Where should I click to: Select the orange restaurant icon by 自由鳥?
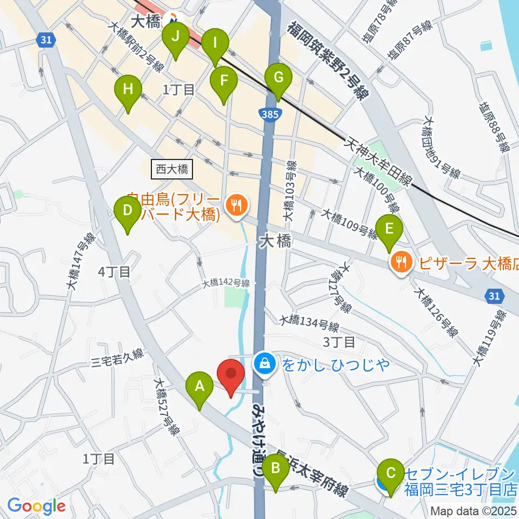236,205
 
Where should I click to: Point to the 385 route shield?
269,114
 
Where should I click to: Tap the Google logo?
36,505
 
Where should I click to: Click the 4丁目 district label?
114,272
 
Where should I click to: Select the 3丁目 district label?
338,342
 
